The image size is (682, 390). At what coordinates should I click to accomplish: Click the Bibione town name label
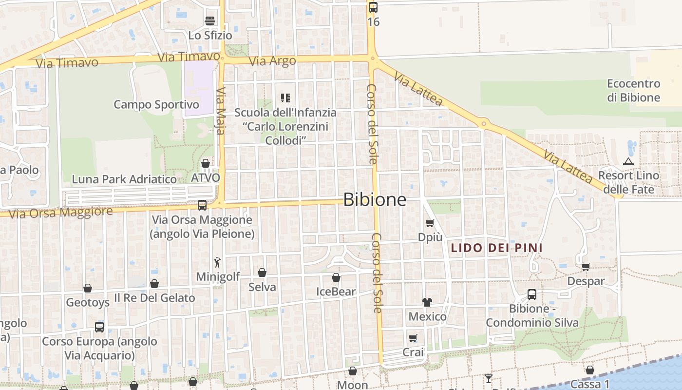pyautogui.click(x=375, y=199)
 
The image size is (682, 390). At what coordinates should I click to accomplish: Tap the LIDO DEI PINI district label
pyautogui.click(x=496, y=248)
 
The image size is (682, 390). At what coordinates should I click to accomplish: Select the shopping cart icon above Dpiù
pyautogui.click(x=430, y=223)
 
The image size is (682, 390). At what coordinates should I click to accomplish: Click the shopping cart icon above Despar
pyautogui.click(x=586, y=267)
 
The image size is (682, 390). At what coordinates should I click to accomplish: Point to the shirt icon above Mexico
pyautogui.click(x=427, y=302)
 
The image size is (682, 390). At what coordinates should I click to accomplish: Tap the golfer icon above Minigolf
pyautogui.click(x=217, y=262)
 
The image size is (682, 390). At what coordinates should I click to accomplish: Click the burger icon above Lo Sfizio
pyautogui.click(x=210, y=20)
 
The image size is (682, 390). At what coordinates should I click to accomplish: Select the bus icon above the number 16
pyautogui.click(x=373, y=7)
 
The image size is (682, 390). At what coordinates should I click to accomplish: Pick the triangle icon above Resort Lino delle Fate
pyautogui.click(x=628, y=161)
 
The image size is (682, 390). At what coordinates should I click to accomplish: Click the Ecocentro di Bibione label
pyautogui.click(x=633, y=90)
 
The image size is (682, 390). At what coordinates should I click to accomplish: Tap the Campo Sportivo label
pyautogui.click(x=156, y=105)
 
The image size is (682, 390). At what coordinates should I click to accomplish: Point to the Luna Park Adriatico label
pyautogui.click(x=124, y=179)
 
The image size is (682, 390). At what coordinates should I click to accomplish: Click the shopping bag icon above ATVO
pyautogui.click(x=206, y=163)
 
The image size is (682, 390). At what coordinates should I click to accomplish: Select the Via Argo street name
pyautogui.click(x=272, y=61)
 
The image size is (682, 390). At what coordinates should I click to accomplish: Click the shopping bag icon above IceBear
pyautogui.click(x=336, y=278)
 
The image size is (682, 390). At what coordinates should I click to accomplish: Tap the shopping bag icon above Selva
pyautogui.click(x=262, y=273)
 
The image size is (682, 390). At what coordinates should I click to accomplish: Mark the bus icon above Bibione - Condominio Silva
pyautogui.click(x=532, y=294)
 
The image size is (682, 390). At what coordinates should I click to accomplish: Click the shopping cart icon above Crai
pyautogui.click(x=413, y=338)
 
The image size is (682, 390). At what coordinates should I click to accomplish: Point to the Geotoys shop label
pyautogui.click(x=88, y=302)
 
